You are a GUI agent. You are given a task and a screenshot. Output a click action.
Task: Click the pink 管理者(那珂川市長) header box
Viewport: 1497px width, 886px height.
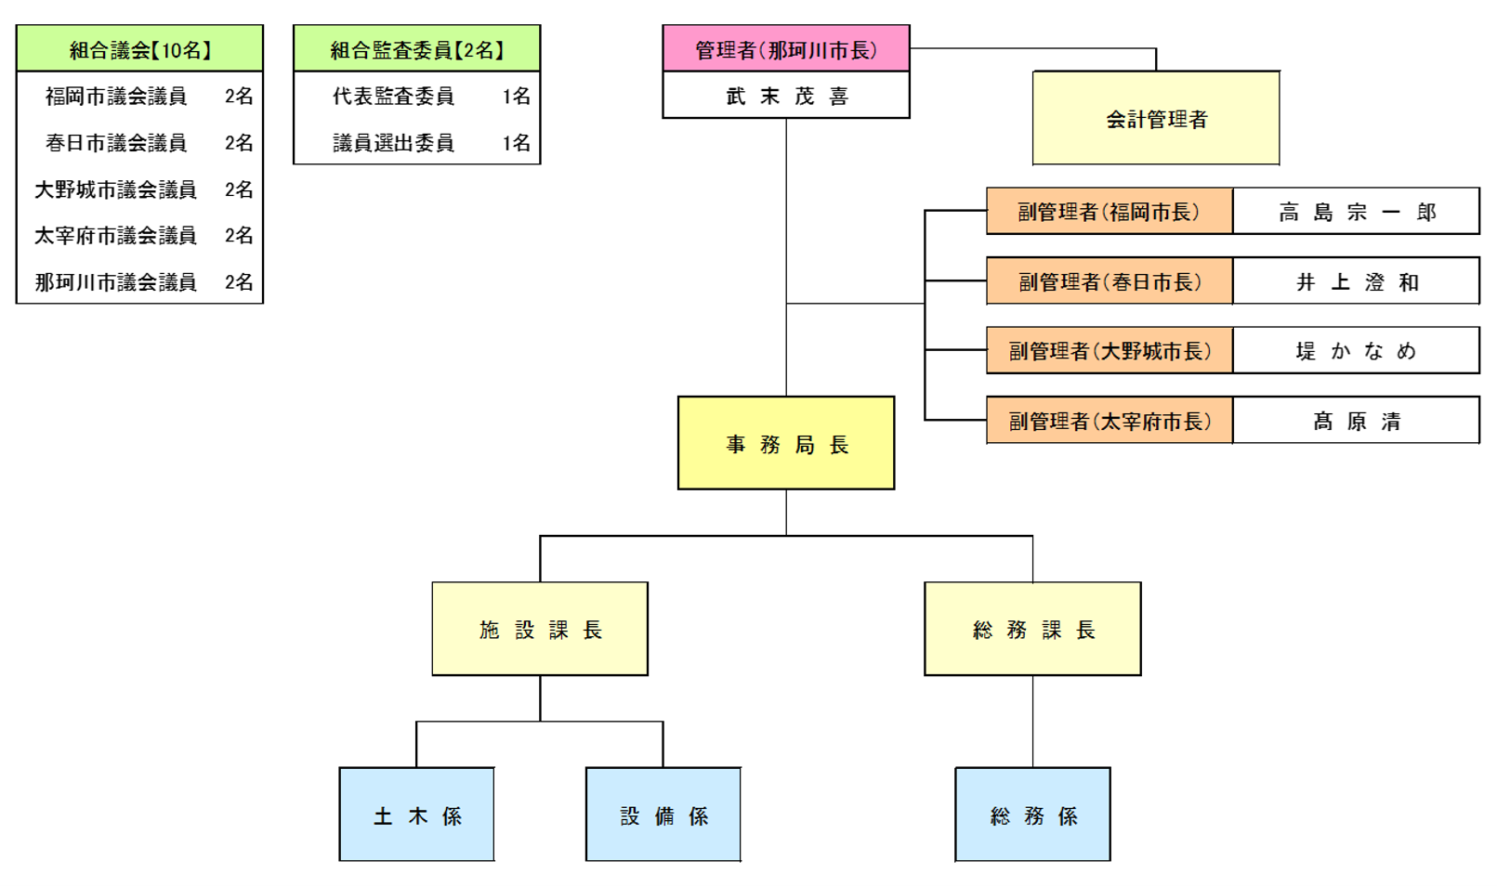785,49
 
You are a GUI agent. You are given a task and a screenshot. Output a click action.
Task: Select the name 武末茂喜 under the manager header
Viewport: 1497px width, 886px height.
785,96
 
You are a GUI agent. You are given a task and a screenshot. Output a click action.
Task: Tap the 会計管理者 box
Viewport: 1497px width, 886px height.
1156,119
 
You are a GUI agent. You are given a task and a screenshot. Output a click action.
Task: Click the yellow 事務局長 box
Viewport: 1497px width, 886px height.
786,444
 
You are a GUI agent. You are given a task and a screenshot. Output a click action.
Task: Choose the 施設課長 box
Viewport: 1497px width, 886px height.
540,630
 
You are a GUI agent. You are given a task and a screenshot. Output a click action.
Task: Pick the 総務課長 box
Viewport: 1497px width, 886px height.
1032,630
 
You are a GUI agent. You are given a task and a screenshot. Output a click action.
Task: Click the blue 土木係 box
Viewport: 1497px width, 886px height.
416,815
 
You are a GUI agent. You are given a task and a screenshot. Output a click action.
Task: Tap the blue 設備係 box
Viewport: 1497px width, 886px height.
663,815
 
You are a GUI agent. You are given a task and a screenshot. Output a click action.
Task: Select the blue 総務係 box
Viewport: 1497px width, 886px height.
1032,815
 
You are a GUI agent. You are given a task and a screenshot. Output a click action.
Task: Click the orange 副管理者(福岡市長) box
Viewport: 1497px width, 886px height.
1109,212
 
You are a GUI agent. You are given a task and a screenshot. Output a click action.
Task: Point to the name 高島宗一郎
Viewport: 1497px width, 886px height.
1356,212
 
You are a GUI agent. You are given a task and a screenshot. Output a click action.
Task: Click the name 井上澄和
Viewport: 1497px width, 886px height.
1356,281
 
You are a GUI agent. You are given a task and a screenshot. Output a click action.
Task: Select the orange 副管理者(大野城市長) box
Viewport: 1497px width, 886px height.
1109,351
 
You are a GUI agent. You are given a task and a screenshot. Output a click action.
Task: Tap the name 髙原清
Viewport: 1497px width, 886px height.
1356,422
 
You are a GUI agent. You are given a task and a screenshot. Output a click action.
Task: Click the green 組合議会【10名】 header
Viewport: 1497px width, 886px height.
139,49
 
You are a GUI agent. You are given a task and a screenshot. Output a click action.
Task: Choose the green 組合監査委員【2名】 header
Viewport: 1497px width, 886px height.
416,49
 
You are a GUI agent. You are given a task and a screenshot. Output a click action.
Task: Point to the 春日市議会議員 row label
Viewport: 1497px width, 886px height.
116,142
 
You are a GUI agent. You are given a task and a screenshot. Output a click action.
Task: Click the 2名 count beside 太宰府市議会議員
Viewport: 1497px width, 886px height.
239,235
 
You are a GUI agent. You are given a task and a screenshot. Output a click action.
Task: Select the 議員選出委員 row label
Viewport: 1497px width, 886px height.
393,142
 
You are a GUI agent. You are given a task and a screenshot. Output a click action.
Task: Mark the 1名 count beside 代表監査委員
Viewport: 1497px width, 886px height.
516,96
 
